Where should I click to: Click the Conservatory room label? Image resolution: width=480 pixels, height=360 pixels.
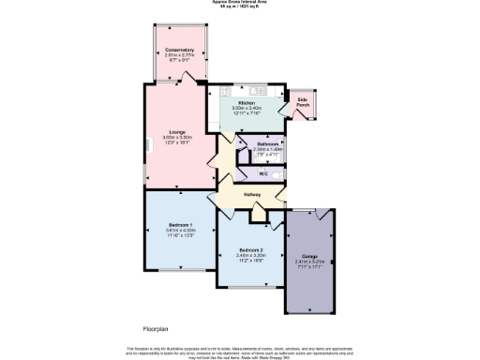[x=178, y=50]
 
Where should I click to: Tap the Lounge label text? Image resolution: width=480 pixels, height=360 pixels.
[x=178, y=131]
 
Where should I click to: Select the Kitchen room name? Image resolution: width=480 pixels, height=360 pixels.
[x=247, y=102]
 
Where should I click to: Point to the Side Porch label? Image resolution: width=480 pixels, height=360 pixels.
[x=304, y=102]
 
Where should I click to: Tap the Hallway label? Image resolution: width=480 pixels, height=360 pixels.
[x=251, y=194]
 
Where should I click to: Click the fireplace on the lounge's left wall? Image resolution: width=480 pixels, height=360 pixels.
[x=146, y=144]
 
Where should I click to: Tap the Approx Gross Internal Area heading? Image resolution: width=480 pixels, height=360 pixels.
[x=240, y=3]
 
